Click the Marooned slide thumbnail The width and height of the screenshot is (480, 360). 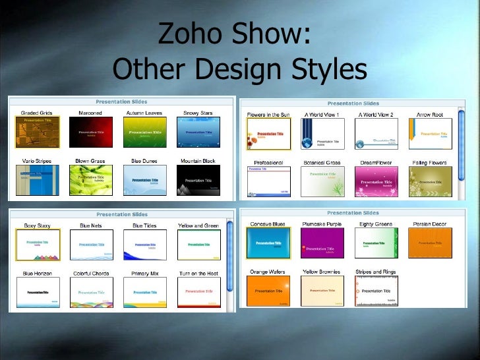click(x=90, y=133)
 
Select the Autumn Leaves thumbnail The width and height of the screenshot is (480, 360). click(x=144, y=133)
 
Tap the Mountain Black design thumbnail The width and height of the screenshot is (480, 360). click(x=198, y=180)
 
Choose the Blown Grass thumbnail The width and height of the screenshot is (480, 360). click(x=90, y=180)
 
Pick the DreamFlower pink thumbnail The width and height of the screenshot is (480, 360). click(x=376, y=181)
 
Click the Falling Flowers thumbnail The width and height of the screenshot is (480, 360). click(x=430, y=181)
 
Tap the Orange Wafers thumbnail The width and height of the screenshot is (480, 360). click(x=268, y=291)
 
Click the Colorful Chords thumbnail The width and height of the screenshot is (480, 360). click(x=91, y=292)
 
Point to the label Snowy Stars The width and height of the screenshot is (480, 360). click(x=198, y=113)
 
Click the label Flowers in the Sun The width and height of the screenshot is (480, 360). click(x=268, y=115)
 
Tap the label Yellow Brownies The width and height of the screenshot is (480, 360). click(x=322, y=272)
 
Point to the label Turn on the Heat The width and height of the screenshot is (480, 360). click(x=198, y=273)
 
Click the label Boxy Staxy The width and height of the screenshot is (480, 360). click(x=37, y=225)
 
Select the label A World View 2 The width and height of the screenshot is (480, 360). click(x=376, y=115)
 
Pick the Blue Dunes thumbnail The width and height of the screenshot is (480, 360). click(x=144, y=180)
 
